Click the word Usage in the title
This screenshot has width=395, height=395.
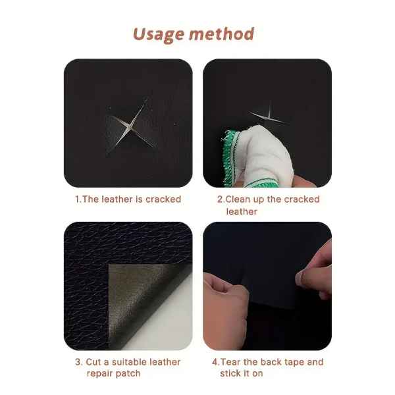[159, 34]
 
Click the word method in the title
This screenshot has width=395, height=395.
[222, 34]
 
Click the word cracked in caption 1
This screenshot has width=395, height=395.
[163, 199]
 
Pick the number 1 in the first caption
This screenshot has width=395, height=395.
[77, 199]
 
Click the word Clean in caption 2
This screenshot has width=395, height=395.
[238, 199]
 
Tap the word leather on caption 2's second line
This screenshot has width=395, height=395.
[242, 211]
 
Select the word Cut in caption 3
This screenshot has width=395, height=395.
[93, 362]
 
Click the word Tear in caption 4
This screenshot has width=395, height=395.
[230, 362]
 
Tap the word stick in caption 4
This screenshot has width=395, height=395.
[229, 373]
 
